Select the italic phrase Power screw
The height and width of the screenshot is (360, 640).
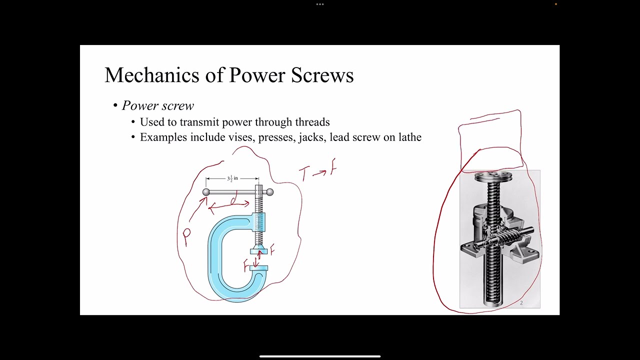158,105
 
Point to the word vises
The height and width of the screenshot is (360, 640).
241,137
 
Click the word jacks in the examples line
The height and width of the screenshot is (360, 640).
312,137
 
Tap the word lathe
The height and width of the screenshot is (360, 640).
410,137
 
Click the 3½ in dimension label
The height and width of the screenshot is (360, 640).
232,178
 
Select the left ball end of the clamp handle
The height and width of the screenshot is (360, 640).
206,192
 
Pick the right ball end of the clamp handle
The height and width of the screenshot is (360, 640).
270,192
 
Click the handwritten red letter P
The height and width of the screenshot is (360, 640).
186,237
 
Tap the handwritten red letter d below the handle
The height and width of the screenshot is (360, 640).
232,200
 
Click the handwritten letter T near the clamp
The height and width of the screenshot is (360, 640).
304,174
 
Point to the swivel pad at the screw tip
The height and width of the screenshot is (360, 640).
258,251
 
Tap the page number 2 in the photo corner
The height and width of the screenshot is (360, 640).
521,302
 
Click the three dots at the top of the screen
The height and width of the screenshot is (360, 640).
320,4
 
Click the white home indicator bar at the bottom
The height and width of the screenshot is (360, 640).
320,356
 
